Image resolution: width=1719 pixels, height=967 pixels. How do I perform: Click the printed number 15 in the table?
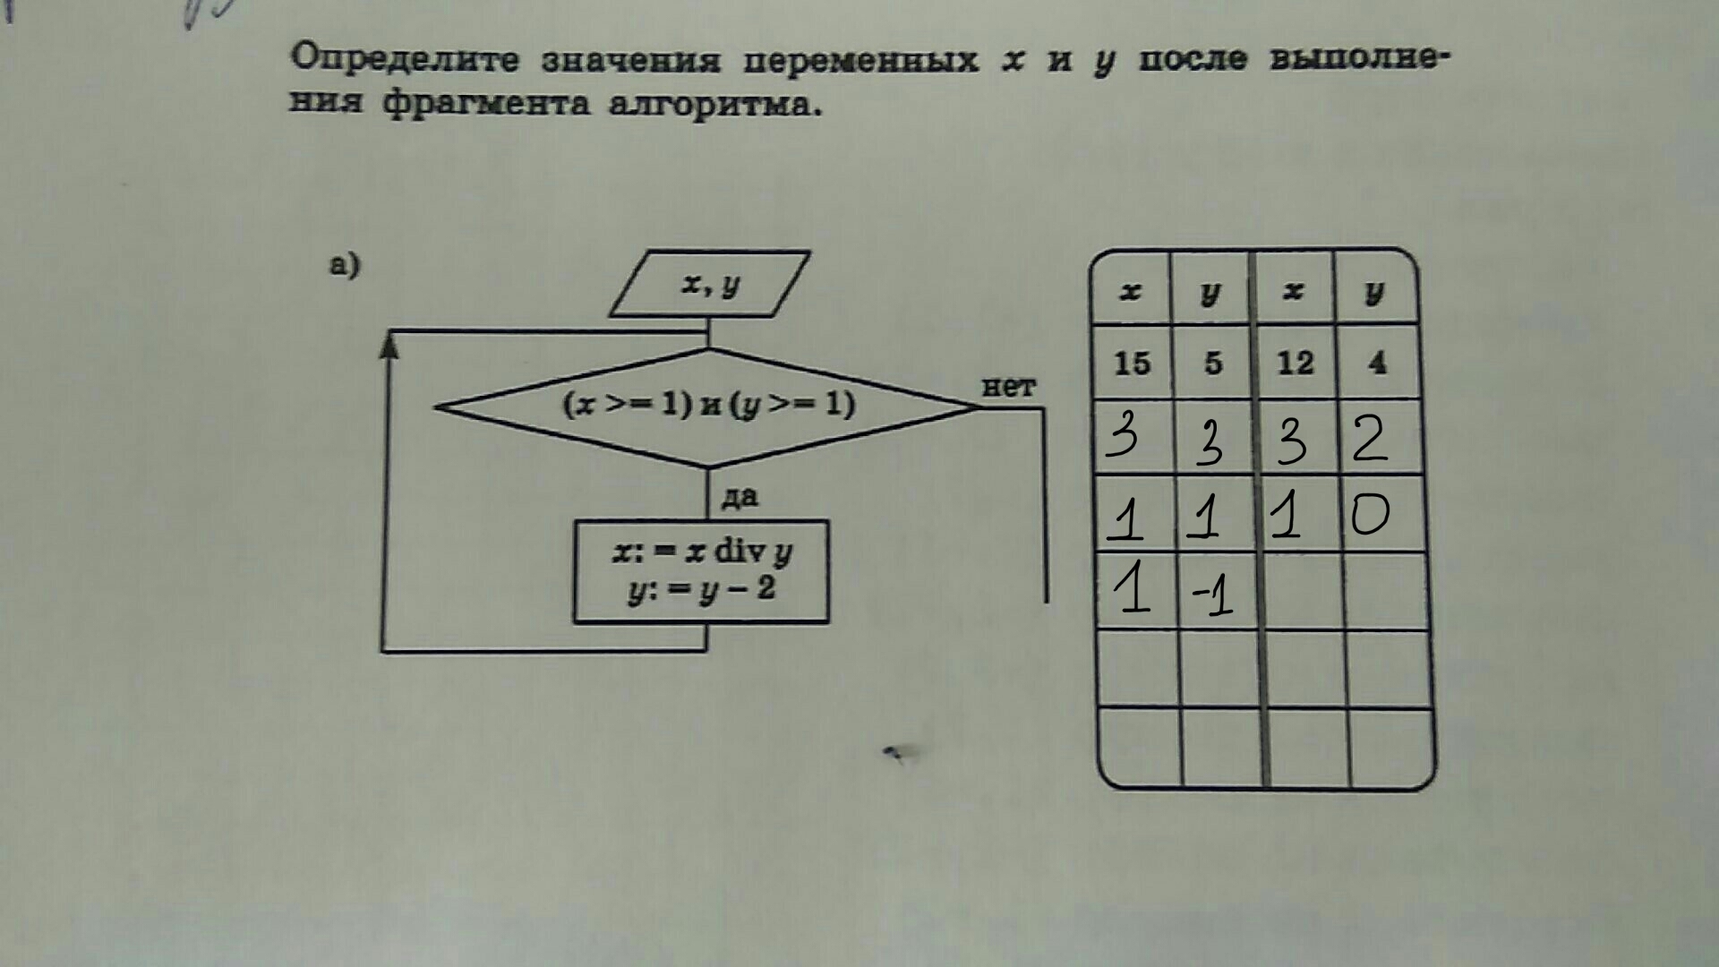1132,364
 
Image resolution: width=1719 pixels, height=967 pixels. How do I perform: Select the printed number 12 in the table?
1295,364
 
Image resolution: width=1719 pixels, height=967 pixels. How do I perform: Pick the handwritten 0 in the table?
1370,514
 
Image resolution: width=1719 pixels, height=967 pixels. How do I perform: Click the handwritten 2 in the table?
1370,439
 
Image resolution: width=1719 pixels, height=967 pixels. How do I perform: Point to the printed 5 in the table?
1213,364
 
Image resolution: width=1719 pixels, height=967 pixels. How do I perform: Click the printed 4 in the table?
1377,363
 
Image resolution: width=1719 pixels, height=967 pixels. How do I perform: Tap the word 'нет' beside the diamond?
1008,387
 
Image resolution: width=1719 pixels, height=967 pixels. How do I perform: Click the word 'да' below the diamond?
740,496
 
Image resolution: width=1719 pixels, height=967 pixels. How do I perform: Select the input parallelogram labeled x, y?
710,284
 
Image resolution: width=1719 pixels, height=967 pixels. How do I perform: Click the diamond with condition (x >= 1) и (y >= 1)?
708,406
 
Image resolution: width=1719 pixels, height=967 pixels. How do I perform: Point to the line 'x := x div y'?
703,552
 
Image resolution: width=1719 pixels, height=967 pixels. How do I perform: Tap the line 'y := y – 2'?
702,590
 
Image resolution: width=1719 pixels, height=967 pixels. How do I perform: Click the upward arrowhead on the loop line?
389,345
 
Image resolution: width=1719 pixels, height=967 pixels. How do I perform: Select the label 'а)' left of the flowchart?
345,265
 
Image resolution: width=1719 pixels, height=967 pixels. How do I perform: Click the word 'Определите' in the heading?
405,58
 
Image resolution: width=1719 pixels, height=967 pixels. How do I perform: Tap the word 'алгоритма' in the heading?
714,105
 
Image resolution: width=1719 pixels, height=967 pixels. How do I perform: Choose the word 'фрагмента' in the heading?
486,105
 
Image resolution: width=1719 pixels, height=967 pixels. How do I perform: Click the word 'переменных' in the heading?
860,60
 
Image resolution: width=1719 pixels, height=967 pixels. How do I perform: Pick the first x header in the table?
1131,292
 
